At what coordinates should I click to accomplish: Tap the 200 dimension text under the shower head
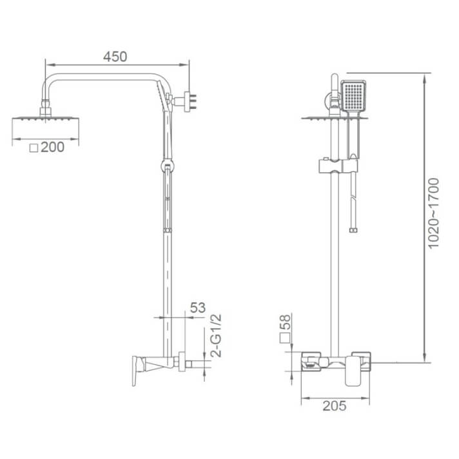[x=53, y=147]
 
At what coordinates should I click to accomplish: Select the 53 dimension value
[x=197, y=308]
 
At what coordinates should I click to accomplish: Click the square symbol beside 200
[x=34, y=148]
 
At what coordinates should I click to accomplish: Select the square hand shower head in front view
[x=353, y=97]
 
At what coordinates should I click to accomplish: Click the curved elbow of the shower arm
[x=51, y=84]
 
